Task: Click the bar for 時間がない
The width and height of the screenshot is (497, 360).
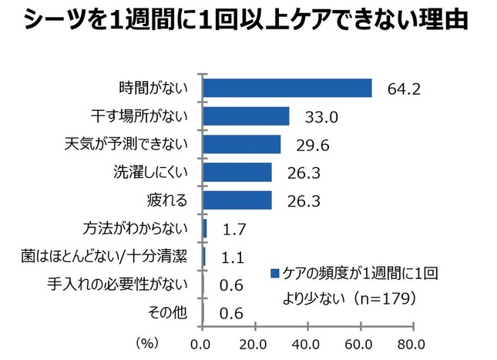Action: click(x=287, y=88)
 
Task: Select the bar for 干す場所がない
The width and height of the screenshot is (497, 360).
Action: click(x=246, y=116)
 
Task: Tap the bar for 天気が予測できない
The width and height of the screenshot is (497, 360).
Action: click(x=241, y=144)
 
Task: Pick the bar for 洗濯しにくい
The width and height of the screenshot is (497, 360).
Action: click(x=237, y=172)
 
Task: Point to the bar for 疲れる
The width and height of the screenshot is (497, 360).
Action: click(x=237, y=200)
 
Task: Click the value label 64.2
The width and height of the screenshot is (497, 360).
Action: click(x=403, y=89)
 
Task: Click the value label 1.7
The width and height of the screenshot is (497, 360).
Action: click(x=233, y=229)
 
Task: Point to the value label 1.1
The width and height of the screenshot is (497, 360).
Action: click(x=231, y=257)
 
